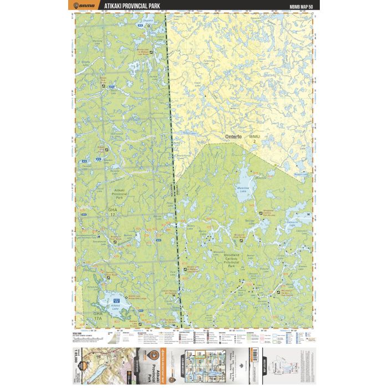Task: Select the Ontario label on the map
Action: [233, 136]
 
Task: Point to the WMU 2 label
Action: [254, 138]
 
